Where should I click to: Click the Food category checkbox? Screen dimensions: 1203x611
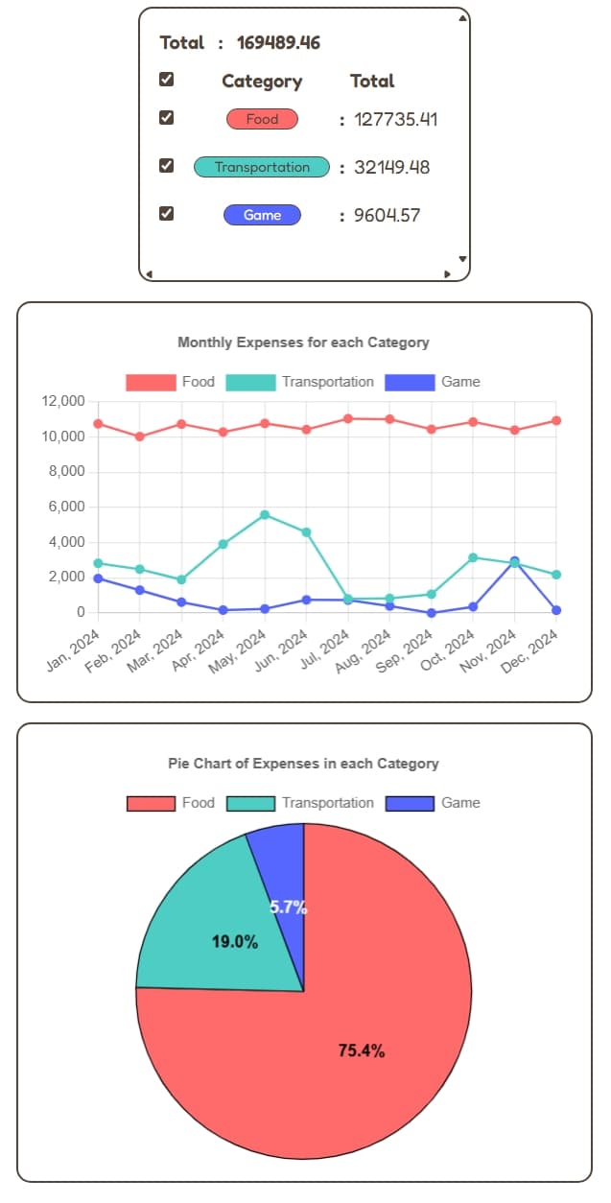[x=166, y=118]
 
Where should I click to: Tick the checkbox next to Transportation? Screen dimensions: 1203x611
[x=166, y=166]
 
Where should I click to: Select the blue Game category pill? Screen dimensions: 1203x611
[x=262, y=215]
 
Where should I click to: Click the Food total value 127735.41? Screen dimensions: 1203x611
[x=395, y=119]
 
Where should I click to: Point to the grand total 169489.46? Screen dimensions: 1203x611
[x=278, y=42]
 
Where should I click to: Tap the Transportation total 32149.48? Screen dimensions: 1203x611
[x=391, y=167]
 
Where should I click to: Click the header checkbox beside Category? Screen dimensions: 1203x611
[x=166, y=80]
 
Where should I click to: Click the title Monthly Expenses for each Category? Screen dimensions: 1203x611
[x=303, y=342]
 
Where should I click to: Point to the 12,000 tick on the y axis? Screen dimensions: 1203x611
[x=64, y=401]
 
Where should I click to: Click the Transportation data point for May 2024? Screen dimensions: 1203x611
[x=265, y=515]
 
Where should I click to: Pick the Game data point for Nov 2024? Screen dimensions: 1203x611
[x=515, y=561]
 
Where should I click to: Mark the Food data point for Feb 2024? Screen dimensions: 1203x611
[x=139, y=436]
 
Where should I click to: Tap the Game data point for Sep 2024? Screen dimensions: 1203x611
[x=432, y=612]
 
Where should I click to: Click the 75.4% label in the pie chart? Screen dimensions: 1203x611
[x=362, y=1050]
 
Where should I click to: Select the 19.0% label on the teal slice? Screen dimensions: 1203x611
[x=235, y=942]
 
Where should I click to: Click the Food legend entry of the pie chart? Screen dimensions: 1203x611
[x=172, y=803]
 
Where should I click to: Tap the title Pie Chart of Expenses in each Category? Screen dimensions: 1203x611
[x=303, y=764]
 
